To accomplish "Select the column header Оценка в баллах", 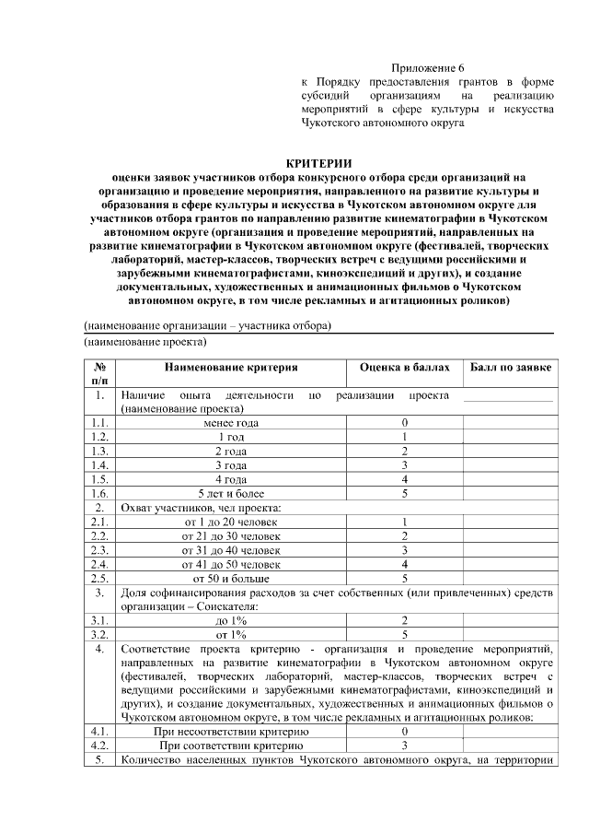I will click(405, 369).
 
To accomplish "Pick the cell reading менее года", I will click(231, 423).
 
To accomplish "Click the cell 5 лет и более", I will click(231, 493).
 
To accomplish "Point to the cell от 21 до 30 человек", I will click(231, 535).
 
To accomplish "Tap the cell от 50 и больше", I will click(231, 578).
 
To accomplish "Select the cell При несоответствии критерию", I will click(231, 731).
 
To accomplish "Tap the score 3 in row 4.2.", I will click(405, 746).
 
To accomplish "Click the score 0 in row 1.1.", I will click(405, 423).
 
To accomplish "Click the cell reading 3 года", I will click(231, 465).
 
